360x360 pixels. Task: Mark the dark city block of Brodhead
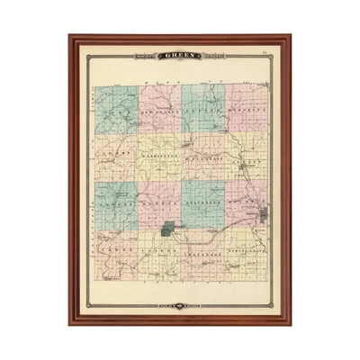pos(265,216)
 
